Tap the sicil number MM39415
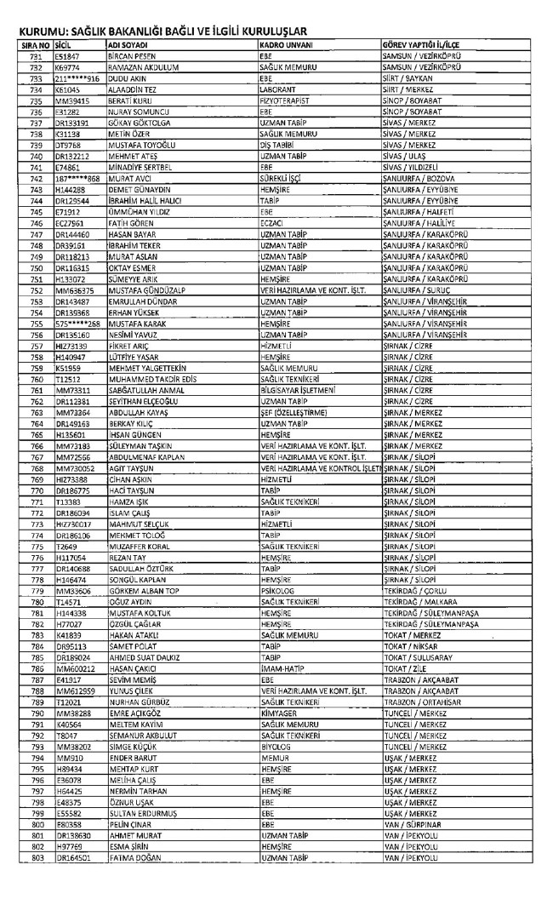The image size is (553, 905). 73,99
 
